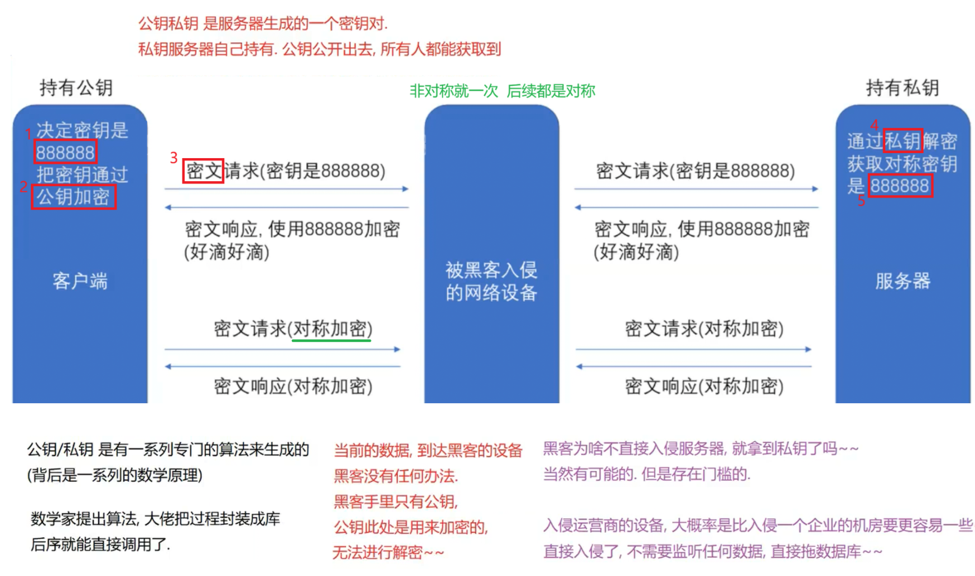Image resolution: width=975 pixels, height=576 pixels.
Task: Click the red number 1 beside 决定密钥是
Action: click(x=29, y=133)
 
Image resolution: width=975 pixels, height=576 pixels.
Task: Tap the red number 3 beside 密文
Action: click(x=174, y=158)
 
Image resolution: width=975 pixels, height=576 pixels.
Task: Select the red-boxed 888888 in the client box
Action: click(x=65, y=152)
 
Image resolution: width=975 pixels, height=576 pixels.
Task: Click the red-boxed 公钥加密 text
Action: click(x=73, y=197)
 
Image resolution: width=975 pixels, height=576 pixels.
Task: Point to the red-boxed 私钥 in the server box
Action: click(x=903, y=141)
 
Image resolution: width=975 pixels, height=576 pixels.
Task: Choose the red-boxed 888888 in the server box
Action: click(x=900, y=186)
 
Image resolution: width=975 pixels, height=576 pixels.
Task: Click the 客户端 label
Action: click(x=80, y=280)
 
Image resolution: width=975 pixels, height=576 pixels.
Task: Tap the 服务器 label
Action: click(x=903, y=280)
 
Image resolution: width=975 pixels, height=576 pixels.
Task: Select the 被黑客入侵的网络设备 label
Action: click(x=491, y=281)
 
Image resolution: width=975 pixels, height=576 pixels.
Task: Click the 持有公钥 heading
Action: click(x=76, y=87)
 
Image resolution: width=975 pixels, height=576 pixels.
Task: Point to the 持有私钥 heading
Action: click(x=902, y=87)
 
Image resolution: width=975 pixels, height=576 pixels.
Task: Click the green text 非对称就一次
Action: click(x=454, y=91)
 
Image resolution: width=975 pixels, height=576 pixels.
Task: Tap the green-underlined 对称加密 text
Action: click(x=331, y=329)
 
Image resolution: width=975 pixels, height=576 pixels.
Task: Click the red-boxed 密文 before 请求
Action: click(x=203, y=171)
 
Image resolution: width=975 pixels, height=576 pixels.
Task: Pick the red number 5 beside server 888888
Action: click(x=861, y=201)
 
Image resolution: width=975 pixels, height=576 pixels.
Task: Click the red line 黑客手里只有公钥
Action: click(x=396, y=501)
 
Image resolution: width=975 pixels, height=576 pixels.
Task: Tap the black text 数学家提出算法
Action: click(x=84, y=519)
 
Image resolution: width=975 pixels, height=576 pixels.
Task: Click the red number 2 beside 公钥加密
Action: click(x=24, y=187)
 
